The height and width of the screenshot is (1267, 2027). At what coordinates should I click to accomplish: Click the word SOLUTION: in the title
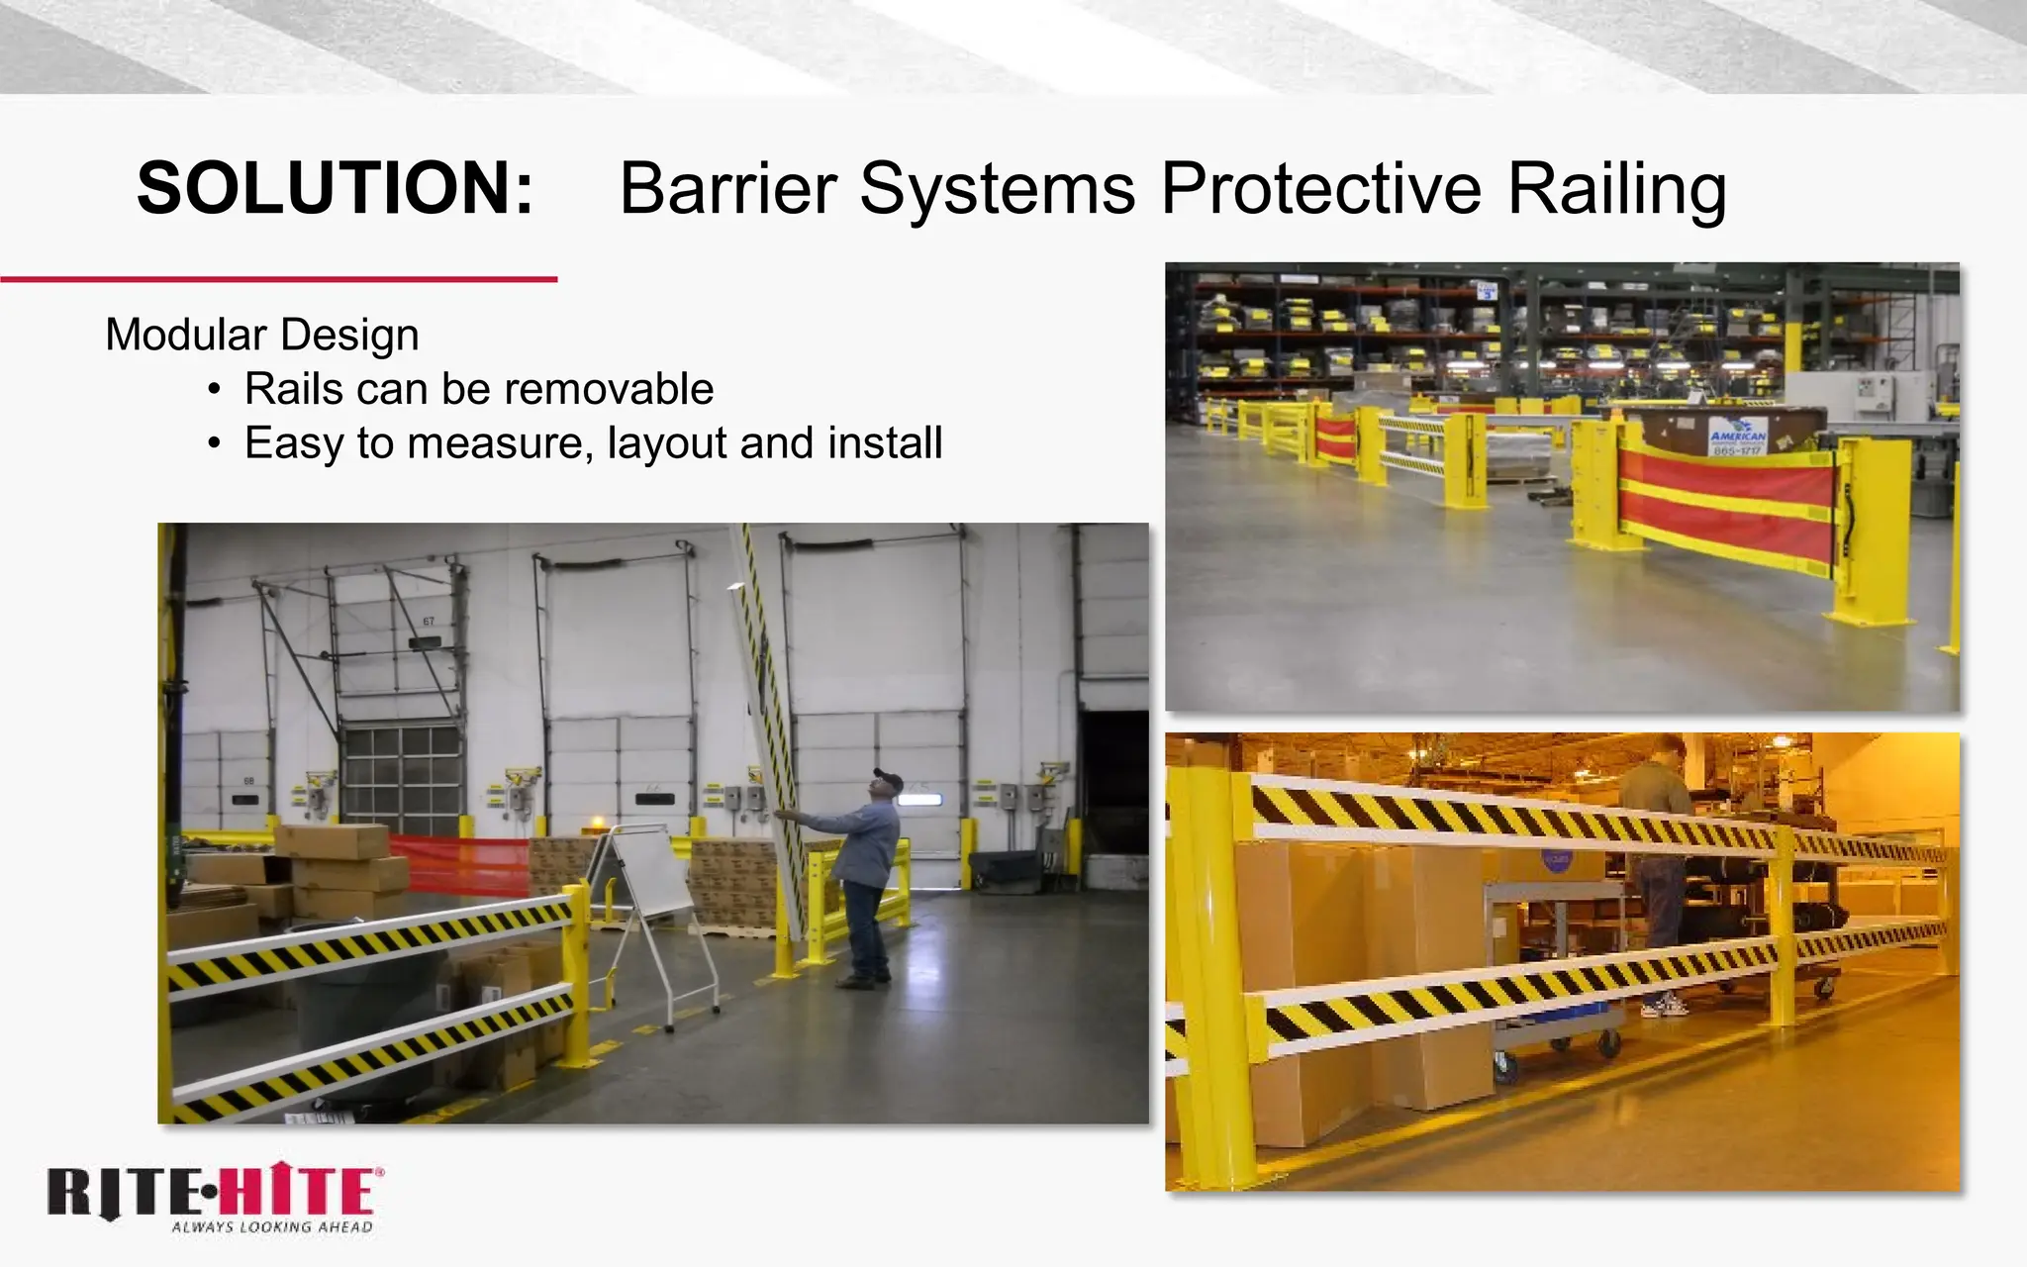(335, 188)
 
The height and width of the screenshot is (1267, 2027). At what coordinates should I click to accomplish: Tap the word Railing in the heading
(1616, 188)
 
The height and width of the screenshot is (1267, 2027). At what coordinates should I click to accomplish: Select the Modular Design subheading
(262, 335)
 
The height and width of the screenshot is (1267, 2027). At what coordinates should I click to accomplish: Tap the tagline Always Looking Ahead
(272, 1227)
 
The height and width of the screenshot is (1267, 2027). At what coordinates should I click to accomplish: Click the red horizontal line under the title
(279, 280)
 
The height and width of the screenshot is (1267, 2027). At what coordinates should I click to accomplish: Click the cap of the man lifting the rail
(887, 779)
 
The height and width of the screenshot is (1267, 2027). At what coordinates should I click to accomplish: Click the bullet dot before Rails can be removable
(214, 390)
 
